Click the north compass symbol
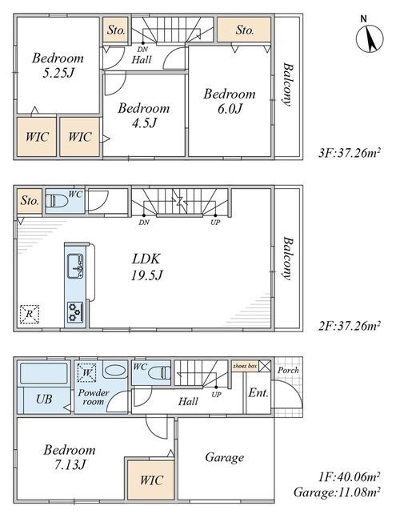click(370, 38)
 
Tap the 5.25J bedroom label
click(58, 66)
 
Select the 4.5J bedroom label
click(144, 115)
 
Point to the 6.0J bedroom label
click(230, 101)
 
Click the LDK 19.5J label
click(146, 267)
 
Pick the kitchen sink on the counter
click(75, 266)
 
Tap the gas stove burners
click(74, 312)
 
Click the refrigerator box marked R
click(30, 314)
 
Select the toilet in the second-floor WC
click(56, 201)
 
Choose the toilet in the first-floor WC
click(159, 373)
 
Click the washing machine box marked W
click(86, 372)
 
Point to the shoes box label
click(245, 366)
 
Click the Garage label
click(225, 457)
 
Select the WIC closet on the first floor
click(151, 480)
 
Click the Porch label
click(288, 370)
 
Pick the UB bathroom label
click(44, 399)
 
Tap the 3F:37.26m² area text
click(350, 153)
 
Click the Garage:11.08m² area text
click(337, 492)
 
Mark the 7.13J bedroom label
click(70, 457)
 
